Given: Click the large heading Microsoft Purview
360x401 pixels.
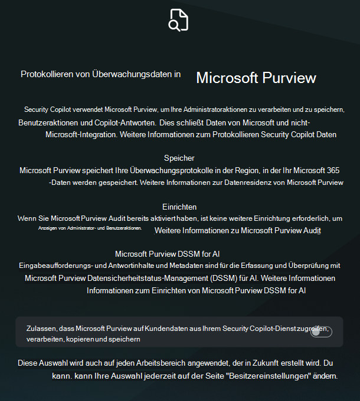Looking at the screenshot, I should coord(256,78).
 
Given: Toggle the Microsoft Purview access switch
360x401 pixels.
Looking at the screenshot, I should coord(321,332).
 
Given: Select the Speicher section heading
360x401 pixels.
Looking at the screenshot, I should coord(179,158).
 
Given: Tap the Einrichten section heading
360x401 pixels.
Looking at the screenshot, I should coord(179,207).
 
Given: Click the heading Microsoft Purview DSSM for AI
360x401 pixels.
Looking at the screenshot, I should coord(167,254).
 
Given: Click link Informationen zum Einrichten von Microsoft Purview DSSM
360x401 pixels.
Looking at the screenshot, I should coord(196,290).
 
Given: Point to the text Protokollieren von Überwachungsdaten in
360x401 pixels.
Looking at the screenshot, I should coord(100,75).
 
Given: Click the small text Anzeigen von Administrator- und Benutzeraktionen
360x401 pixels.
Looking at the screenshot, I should coord(90,228).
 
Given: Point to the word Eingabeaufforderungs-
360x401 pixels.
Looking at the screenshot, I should coord(57,266).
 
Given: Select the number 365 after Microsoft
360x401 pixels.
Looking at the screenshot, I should coord(332,170).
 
